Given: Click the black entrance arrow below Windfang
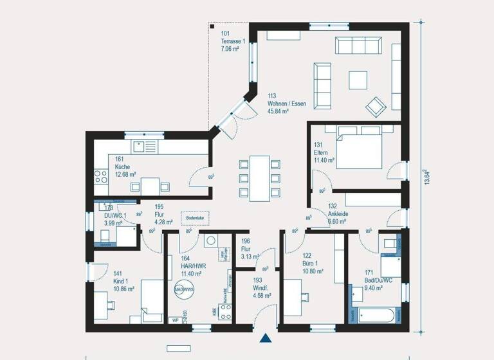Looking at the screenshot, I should coord(266,339).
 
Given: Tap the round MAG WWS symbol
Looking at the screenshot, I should coord(183,290).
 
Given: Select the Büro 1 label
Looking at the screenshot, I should coord(311,264).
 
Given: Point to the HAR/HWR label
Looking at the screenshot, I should coord(192,266).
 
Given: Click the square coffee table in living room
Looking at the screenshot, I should coord(358,79).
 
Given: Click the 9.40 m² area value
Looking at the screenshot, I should coord(374,289).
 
